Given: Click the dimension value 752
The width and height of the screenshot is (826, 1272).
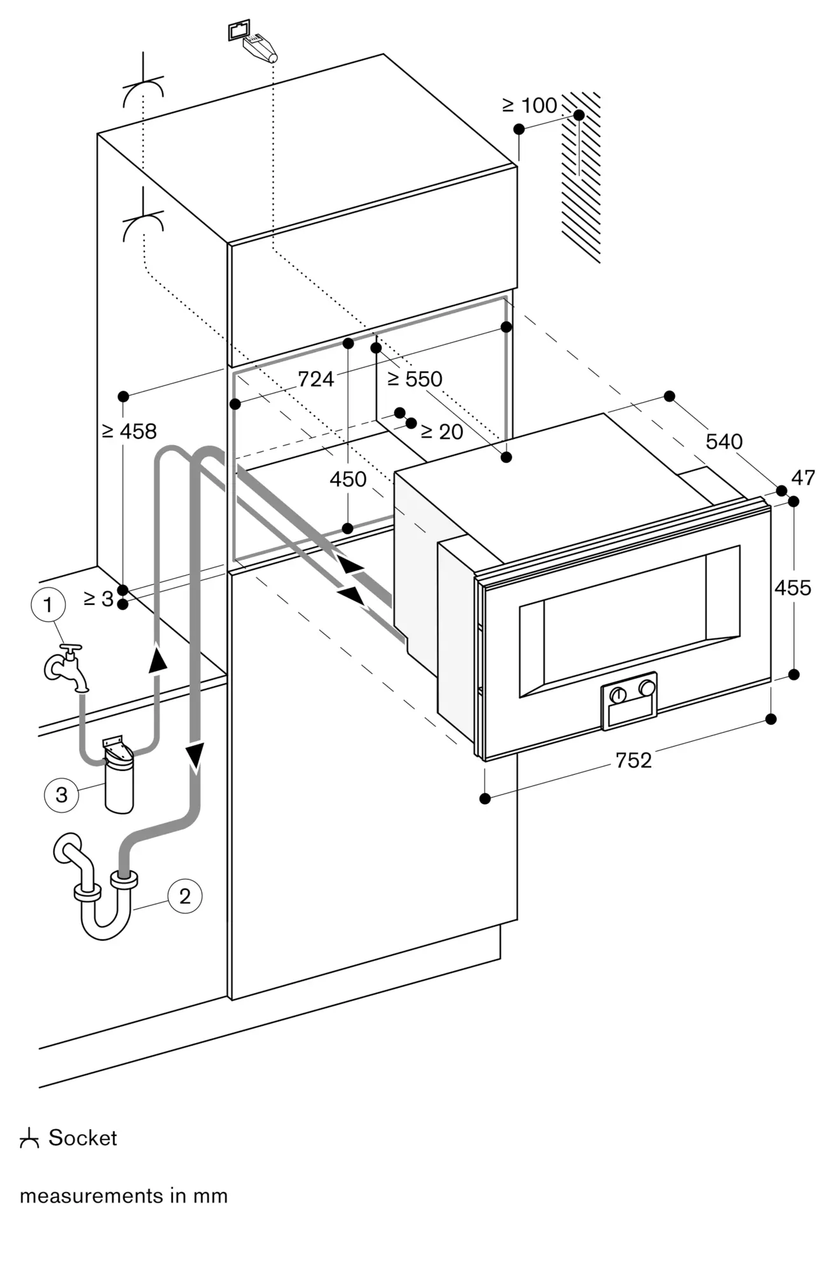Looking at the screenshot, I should pyautogui.click(x=633, y=760).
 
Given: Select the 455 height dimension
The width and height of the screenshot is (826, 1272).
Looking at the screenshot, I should pyautogui.click(x=792, y=588).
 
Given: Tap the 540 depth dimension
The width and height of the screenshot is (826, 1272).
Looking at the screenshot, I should pyautogui.click(x=724, y=441).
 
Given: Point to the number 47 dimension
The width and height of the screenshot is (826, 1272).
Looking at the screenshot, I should pyautogui.click(x=803, y=478).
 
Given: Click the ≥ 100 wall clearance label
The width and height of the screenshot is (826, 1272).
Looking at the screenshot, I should pyautogui.click(x=530, y=106).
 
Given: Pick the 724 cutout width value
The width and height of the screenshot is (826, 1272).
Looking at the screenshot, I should pyautogui.click(x=315, y=379).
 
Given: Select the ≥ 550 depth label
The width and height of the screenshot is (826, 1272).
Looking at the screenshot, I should pyautogui.click(x=415, y=379).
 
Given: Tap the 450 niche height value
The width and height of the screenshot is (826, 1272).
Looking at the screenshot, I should pyautogui.click(x=348, y=479).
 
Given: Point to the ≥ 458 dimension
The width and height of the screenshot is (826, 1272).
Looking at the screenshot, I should pyautogui.click(x=129, y=431).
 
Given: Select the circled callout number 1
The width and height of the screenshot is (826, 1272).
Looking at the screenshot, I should pyautogui.click(x=48, y=605).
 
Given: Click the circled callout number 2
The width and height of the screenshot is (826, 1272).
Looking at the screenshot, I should pyautogui.click(x=184, y=896).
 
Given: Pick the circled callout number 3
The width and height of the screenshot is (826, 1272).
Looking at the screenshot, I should pyautogui.click(x=61, y=794).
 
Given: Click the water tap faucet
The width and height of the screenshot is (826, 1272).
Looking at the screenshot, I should pyautogui.click(x=67, y=667).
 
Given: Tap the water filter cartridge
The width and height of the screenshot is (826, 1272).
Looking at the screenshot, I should pyautogui.click(x=119, y=777).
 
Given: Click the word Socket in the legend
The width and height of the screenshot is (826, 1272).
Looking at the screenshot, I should pyautogui.click(x=83, y=1138).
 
